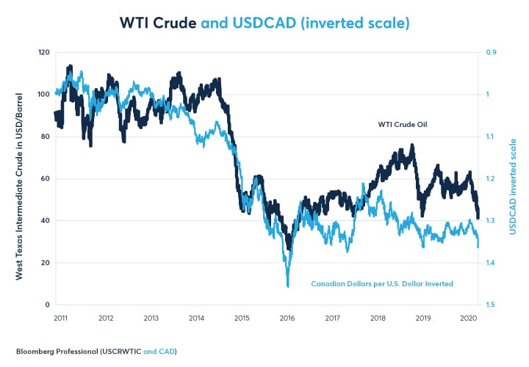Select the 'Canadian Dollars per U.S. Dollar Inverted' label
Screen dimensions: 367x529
(382, 283)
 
